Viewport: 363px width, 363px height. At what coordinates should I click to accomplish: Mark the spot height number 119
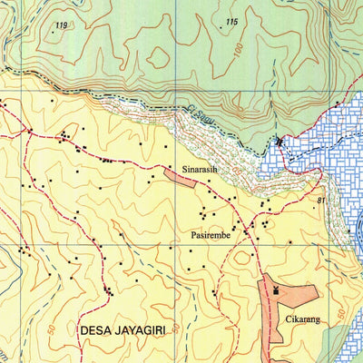point(61,25)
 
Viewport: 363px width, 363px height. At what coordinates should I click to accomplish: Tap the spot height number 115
point(231,22)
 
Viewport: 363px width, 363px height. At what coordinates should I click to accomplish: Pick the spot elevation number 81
point(321,200)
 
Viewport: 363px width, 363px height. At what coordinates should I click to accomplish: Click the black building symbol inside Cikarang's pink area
point(276,291)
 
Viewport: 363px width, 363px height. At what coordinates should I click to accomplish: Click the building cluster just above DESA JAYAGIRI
point(109,291)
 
